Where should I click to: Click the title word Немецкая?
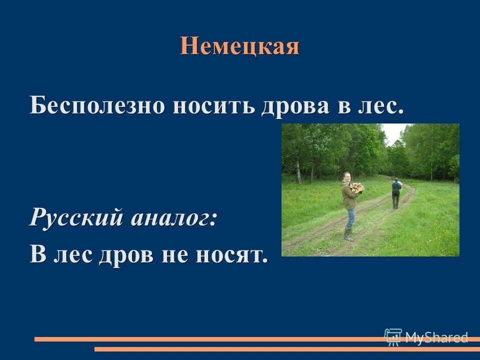pos(239,46)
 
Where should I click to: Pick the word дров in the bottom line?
pos(123,254)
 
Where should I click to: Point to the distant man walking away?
pos(396,192)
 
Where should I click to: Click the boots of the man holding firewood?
pos(348,235)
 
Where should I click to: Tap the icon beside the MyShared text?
pos(393,336)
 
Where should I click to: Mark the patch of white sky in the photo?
pos(393,132)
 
